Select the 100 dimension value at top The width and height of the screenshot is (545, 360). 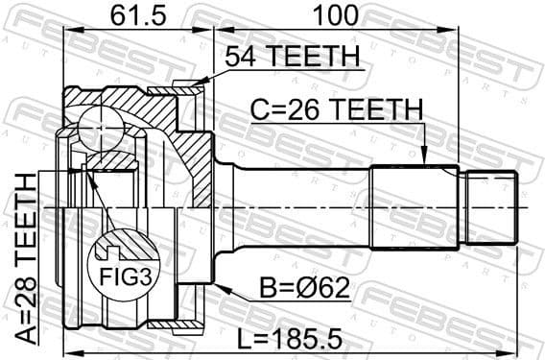(x=331, y=15)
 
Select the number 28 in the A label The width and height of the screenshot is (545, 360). (x=22, y=291)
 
